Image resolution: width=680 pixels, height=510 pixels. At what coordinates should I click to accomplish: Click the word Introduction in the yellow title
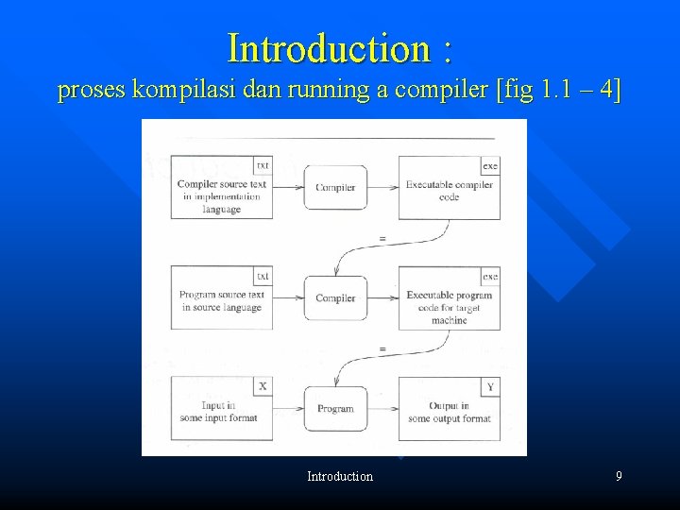[326, 47]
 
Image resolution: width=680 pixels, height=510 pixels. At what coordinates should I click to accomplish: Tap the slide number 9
[619, 476]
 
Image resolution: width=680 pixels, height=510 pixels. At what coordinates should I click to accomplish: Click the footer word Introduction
[340, 476]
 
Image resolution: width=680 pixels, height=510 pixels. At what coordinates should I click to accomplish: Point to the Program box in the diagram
[335, 409]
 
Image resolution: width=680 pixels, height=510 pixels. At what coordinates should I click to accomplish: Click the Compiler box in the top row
[335, 187]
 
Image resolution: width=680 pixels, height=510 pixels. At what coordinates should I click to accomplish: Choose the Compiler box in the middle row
[335, 298]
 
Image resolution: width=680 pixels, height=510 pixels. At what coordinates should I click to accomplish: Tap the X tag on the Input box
[263, 386]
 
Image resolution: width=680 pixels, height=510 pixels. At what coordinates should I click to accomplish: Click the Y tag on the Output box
[490, 386]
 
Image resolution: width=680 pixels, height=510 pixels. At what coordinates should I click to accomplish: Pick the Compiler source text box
[222, 194]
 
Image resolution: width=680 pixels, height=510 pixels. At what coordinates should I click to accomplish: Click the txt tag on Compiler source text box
[263, 165]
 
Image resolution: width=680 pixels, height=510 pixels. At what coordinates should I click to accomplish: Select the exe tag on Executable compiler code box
[490, 165]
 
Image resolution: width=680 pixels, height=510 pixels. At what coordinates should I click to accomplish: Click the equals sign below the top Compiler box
[382, 239]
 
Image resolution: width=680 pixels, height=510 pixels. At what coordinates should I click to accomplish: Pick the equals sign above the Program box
[382, 349]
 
